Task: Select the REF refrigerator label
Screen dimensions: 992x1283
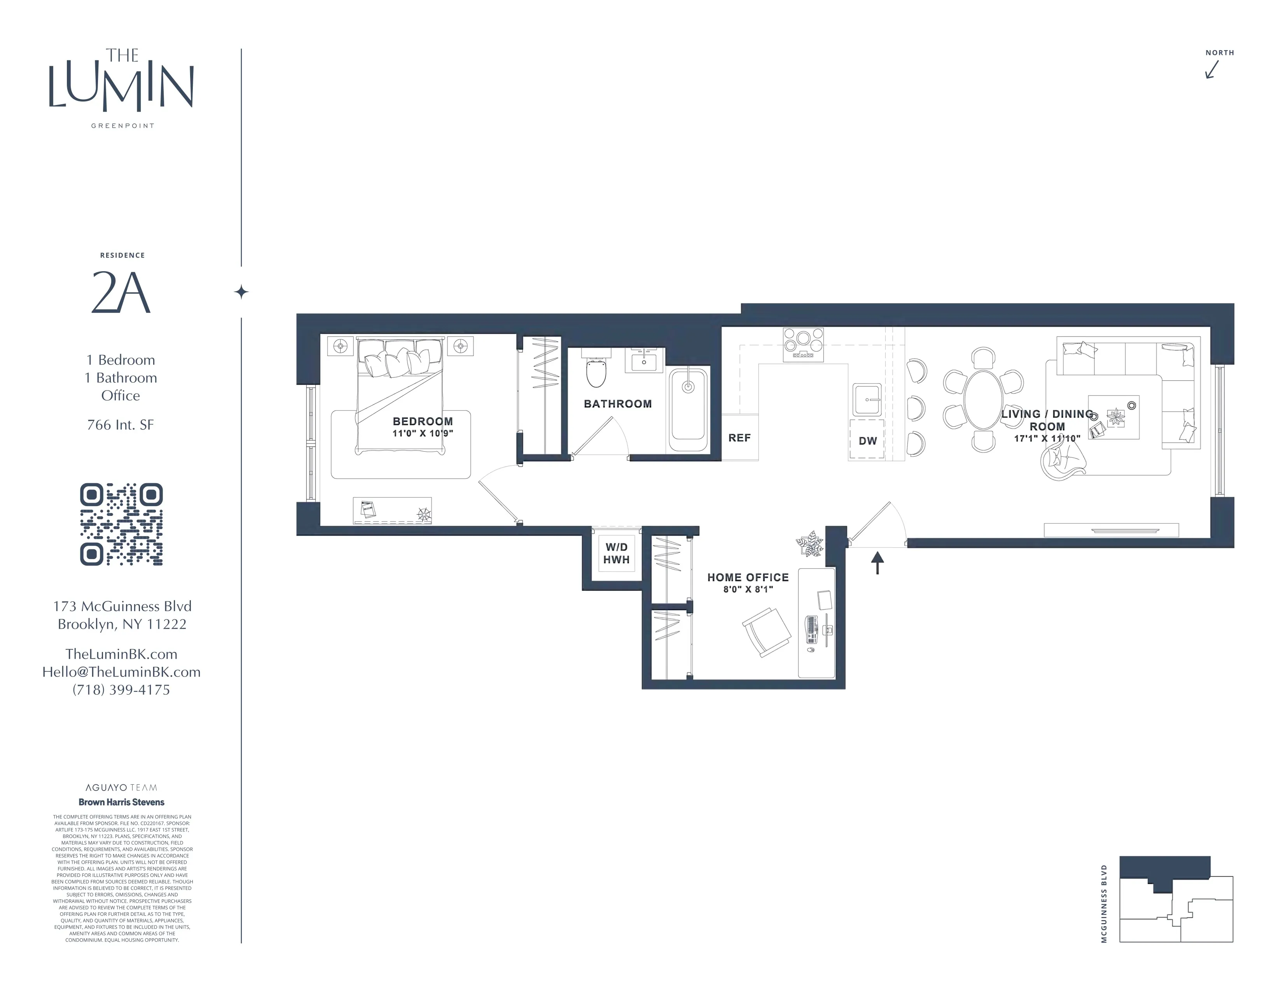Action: tap(739, 438)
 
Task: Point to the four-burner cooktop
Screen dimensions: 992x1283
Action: tap(803, 344)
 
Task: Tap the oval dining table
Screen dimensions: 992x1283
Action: tap(983, 400)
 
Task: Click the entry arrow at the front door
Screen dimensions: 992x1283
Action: tap(877, 563)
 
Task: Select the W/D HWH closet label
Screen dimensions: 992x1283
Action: tap(616, 554)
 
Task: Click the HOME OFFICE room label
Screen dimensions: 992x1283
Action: tap(748, 578)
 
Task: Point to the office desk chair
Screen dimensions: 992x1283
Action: tap(766, 632)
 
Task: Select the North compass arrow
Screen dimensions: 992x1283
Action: tap(1212, 69)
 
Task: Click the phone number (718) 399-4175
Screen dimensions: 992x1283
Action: tap(121, 690)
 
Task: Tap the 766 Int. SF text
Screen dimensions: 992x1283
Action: tap(121, 425)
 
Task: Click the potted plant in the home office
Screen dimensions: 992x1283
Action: tap(809, 543)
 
